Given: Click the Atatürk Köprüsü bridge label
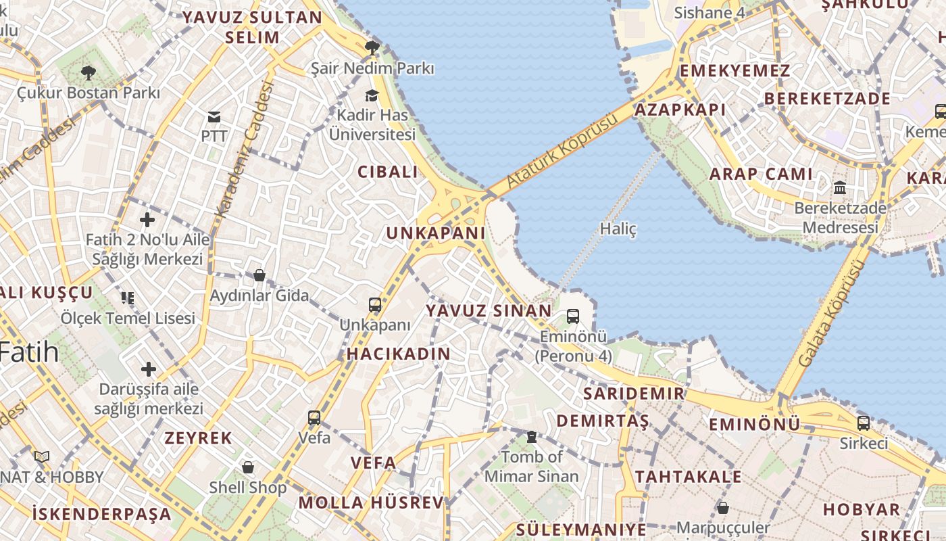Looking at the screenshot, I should click(562, 152).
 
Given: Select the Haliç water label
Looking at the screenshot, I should click(618, 229).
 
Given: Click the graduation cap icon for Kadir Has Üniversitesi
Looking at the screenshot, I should click(372, 95).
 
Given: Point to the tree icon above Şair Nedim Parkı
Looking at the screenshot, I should click(372, 47).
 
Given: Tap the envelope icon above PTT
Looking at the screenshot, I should click(214, 117).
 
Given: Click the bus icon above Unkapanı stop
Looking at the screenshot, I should click(375, 305).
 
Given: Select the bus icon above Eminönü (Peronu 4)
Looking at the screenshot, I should click(573, 316).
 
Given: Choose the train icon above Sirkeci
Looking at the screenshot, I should click(864, 423).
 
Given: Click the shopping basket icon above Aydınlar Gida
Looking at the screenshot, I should click(259, 275).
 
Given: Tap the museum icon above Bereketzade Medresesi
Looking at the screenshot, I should click(840, 187).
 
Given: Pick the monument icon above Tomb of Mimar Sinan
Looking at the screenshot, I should click(532, 437).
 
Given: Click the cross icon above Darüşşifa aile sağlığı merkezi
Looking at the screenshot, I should click(148, 369).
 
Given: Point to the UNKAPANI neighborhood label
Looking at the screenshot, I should click(435, 233).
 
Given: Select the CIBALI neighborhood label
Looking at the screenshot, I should click(388, 172).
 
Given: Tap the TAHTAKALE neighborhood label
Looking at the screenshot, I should click(688, 477).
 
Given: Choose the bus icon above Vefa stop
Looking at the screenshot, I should click(314, 417).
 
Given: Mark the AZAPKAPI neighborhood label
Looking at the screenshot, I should click(680, 110).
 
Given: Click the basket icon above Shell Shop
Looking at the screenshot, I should click(248, 467).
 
